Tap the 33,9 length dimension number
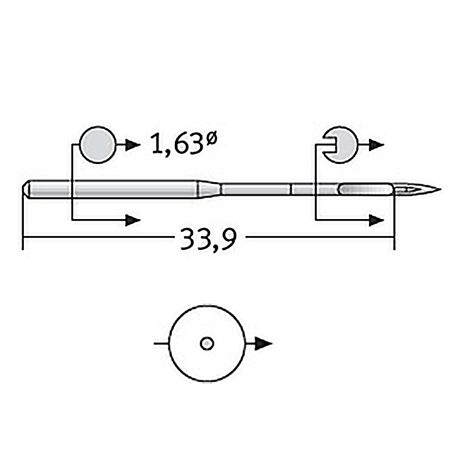[209, 239]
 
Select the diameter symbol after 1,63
[211, 138]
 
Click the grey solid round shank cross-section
[98, 145]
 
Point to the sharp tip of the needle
[440, 190]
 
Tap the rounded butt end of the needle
[26, 190]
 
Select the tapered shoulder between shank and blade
[209, 189]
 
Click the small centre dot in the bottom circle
[207, 344]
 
